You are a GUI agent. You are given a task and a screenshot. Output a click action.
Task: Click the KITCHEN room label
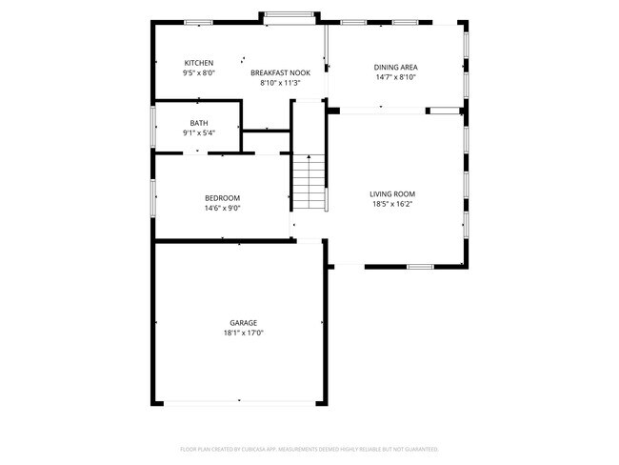(x=199, y=63)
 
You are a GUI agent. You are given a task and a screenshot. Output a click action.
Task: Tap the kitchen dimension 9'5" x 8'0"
(x=199, y=72)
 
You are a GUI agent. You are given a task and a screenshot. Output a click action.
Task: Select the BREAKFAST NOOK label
(x=280, y=72)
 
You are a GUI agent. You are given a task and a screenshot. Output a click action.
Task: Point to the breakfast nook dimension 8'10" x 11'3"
(x=280, y=83)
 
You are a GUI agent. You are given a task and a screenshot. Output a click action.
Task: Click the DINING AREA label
(x=395, y=67)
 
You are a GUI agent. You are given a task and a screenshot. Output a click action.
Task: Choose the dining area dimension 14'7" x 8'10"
(x=395, y=77)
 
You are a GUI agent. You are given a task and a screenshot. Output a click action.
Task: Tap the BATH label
(x=199, y=123)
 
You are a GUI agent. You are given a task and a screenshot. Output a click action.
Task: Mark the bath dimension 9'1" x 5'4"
(x=199, y=132)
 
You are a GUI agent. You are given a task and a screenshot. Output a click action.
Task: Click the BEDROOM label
(x=222, y=198)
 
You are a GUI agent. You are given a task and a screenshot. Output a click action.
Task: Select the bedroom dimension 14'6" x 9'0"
(x=222, y=208)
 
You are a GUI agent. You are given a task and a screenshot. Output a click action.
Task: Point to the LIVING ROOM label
(x=392, y=193)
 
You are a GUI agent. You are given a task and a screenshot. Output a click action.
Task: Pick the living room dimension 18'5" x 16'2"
(x=392, y=204)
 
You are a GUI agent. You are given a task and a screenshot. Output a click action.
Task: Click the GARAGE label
(x=243, y=323)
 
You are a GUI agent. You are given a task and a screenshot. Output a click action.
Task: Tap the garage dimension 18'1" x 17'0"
(x=243, y=334)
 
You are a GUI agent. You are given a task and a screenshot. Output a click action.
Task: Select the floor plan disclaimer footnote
(x=309, y=448)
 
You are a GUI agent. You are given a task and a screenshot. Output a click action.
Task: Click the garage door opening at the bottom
(x=239, y=402)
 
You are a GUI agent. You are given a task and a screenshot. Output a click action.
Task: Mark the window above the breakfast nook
(x=290, y=14)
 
